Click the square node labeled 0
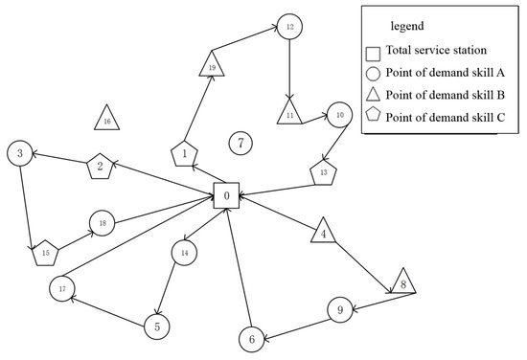(225, 196)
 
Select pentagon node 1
(184, 153)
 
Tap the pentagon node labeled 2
(100, 167)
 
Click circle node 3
(19, 151)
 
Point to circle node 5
(156, 326)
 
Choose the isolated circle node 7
(241, 144)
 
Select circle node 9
(337, 310)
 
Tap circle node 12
(289, 27)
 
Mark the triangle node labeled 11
(289, 114)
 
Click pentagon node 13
(324, 173)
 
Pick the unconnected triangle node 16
(106, 119)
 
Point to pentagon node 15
(45, 254)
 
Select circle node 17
(62, 287)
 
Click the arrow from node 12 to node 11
(289, 67)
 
